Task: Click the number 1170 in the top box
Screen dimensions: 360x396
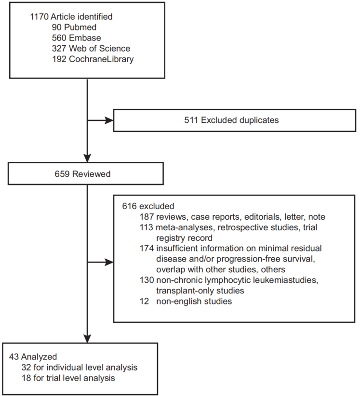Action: point(39,17)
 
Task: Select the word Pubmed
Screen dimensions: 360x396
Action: point(80,27)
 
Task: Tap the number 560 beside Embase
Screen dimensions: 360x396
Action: point(59,38)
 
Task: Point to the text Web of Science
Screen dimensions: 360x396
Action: point(100,49)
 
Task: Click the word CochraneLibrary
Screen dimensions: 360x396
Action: point(101,59)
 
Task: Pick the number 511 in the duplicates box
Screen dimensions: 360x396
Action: point(191,120)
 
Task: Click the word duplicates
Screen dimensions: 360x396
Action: point(259,120)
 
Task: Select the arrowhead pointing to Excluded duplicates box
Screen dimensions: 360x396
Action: point(109,120)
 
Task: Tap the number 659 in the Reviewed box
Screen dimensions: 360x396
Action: point(62,174)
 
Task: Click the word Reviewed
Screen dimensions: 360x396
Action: point(91,174)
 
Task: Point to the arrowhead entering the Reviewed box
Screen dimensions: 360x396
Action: point(87,158)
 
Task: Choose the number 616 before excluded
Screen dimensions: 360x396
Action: point(129,206)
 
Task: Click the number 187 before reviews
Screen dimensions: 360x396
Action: point(147,217)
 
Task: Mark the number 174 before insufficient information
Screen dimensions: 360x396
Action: point(147,249)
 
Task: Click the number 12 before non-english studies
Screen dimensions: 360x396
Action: point(145,302)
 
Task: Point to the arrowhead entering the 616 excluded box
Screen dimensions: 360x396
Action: point(109,263)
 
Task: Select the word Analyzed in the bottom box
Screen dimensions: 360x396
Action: point(39,357)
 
